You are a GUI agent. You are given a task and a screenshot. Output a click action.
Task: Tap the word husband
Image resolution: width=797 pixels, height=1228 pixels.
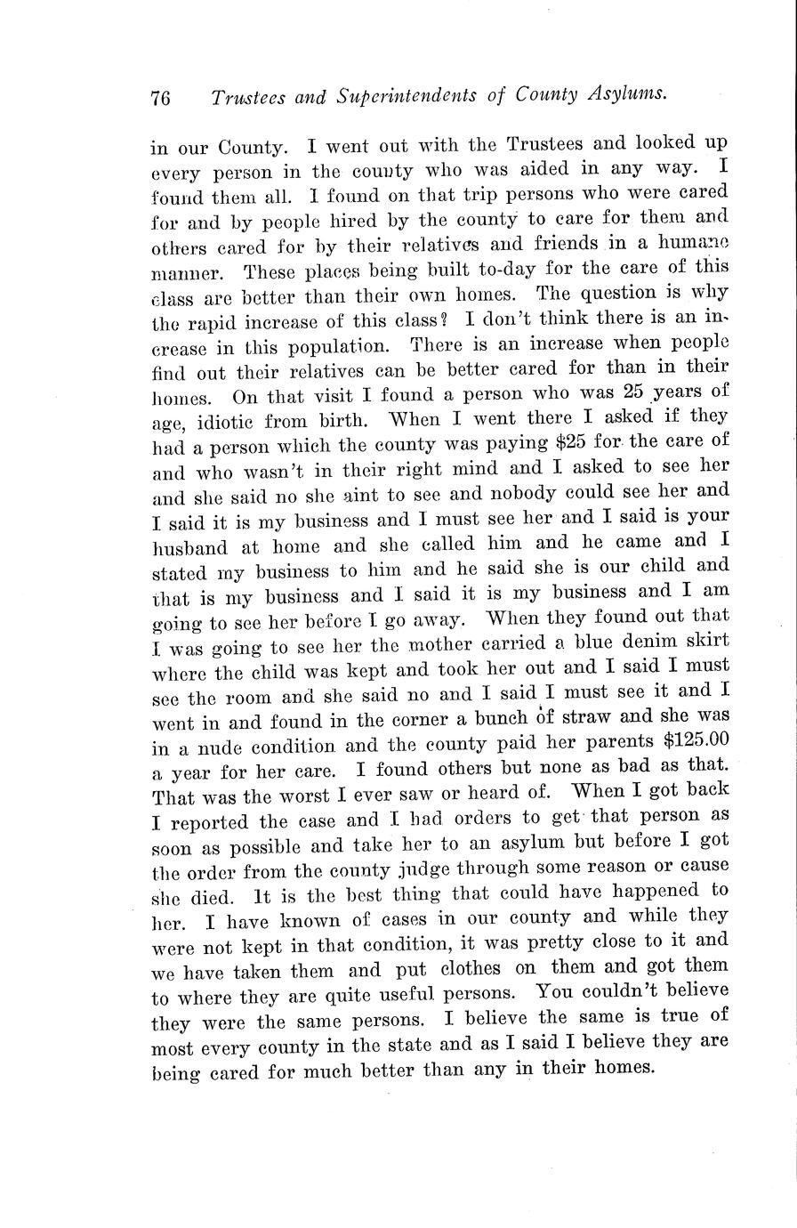[x=189, y=546]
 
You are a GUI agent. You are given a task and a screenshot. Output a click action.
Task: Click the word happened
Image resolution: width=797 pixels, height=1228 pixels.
[x=654, y=891]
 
